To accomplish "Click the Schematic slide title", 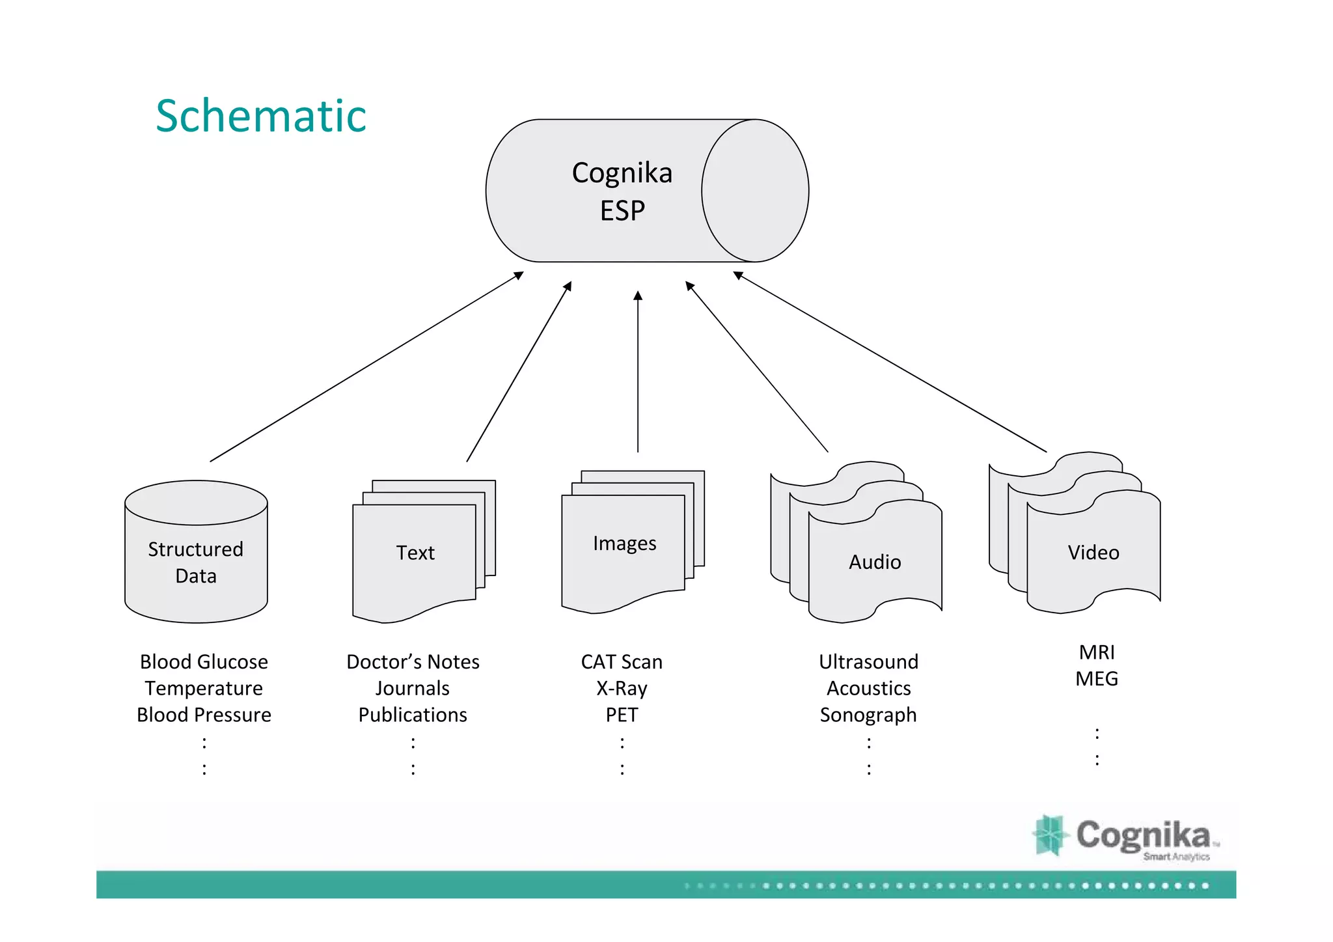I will click(261, 116).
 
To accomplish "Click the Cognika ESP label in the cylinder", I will click(622, 191).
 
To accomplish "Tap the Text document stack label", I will click(415, 553).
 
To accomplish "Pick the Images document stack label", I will click(624, 543).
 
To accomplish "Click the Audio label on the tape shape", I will click(874, 562).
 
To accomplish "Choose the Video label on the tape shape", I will click(1093, 553).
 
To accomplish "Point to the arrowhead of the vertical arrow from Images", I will click(638, 296).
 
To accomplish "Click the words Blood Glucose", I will click(204, 661).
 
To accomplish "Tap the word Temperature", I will click(204, 688).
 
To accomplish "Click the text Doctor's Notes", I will click(413, 661).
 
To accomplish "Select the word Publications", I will click(413, 715).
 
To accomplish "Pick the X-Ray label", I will click(622, 688).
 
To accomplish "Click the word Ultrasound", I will click(868, 661).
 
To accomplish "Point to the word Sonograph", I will click(868, 715).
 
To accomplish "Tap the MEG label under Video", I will click(1097, 678).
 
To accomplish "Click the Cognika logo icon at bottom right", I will click(1049, 835).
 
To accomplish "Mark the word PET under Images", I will click(622, 715).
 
